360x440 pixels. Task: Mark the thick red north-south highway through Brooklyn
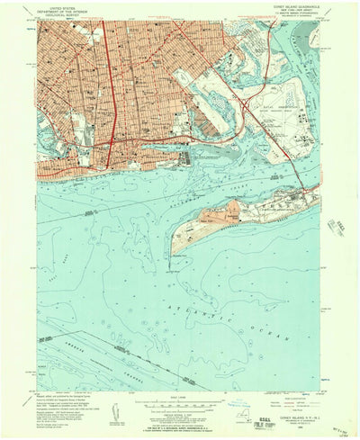point(109,90)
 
